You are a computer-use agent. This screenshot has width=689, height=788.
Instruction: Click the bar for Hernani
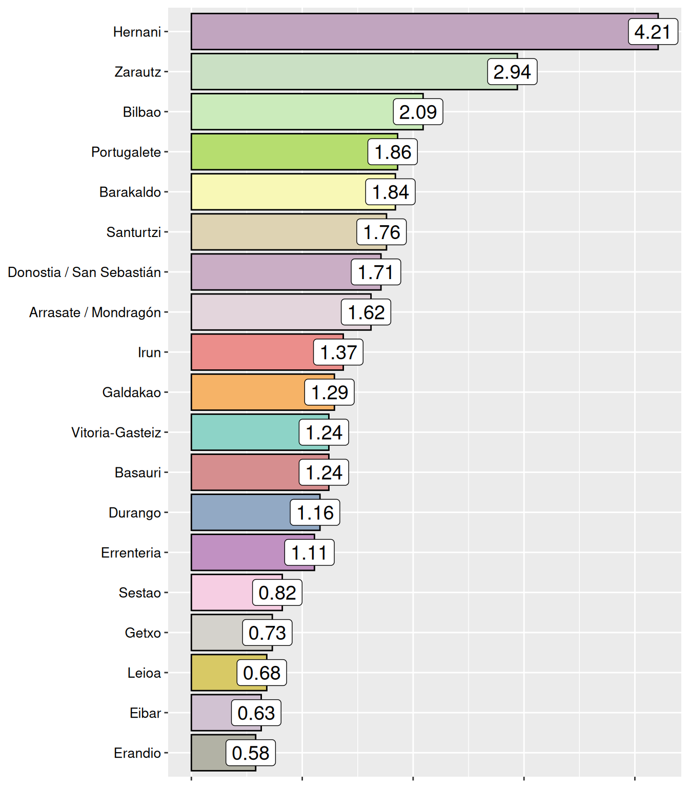tap(410, 32)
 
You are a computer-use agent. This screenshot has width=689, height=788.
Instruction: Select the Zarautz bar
tap(338, 72)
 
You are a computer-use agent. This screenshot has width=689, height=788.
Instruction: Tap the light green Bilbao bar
tap(292, 112)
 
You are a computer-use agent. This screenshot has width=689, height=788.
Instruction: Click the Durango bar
tap(241, 513)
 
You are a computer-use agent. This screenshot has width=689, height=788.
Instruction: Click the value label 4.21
tap(653, 32)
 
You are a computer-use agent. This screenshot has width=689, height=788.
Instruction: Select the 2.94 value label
tap(512, 72)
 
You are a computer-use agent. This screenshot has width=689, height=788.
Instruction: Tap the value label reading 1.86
tap(393, 152)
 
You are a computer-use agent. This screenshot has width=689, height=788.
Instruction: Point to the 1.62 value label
tap(366, 312)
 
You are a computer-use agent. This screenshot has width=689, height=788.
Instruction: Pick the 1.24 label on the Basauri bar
tap(324, 472)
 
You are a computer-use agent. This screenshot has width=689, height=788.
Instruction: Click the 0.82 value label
tap(277, 593)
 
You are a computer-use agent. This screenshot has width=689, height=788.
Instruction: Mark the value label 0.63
tap(256, 713)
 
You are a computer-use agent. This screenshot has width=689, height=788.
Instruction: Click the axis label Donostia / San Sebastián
tap(85, 272)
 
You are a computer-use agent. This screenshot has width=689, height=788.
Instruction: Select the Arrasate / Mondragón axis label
tap(95, 312)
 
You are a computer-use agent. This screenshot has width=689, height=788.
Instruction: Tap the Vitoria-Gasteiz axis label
tap(116, 432)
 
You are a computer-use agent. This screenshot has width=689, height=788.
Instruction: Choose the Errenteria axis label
tap(131, 553)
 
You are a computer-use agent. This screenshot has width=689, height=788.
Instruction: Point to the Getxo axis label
tap(143, 633)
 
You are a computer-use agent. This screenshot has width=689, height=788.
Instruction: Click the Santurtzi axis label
tap(134, 232)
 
